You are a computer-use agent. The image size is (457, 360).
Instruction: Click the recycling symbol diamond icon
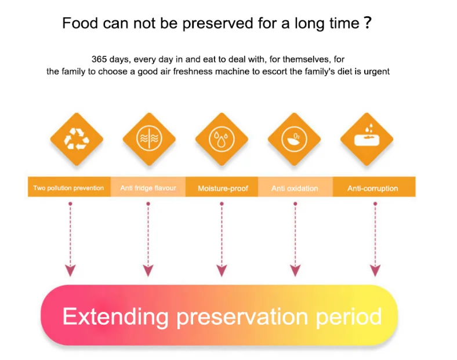pos(77,139)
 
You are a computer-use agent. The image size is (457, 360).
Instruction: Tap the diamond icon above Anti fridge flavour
pos(149,139)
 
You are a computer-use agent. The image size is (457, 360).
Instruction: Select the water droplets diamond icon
pos(222,139)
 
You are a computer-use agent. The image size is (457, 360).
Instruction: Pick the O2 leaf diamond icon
pos(294,139)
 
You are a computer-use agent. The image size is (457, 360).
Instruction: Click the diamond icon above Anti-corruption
pos(367,139)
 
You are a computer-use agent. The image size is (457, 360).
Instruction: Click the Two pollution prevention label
pos(68,188)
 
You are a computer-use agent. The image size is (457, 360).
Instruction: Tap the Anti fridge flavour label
pos(148,188)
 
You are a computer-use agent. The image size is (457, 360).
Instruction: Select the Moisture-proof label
pos(223,188)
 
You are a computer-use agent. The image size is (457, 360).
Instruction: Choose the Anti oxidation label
pos(295,188)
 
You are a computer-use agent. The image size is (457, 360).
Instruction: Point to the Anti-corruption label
pos(372,188)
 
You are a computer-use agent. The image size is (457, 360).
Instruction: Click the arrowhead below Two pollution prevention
pos(70,270)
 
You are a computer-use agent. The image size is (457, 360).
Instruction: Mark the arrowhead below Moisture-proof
pos(222,270)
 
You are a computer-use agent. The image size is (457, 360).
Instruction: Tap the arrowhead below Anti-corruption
pos(375,270)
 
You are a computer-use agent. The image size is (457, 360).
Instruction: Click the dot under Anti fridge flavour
pos(148,204)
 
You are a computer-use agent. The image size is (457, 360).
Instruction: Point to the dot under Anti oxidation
pos(295,204)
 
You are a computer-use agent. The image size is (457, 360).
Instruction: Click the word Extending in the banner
pos(116,317)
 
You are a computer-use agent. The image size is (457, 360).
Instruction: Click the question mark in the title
pos(368,23)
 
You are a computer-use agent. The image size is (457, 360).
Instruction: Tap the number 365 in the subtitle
pos(99,59)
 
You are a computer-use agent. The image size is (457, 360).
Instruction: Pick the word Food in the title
pos(80,23)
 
